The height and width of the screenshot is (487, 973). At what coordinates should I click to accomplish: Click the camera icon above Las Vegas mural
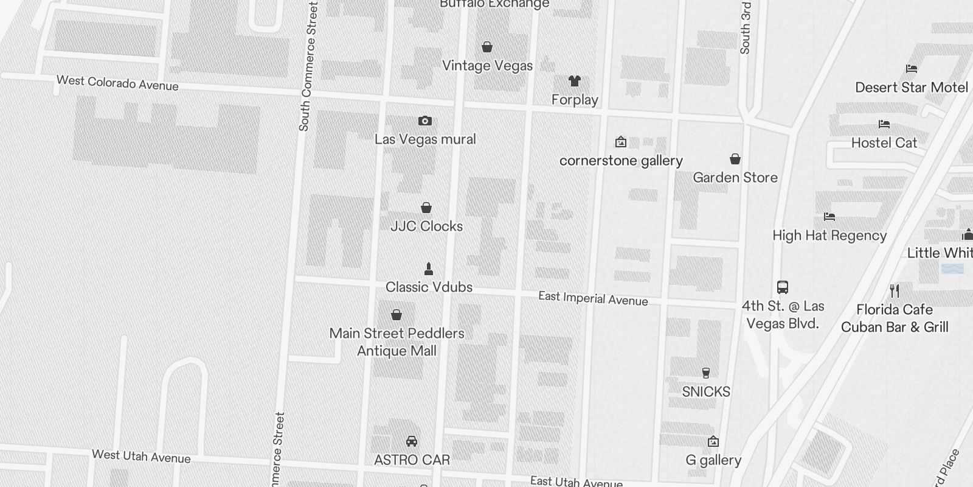coord(425,121)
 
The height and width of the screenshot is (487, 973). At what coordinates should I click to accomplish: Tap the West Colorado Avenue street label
coord(117,83)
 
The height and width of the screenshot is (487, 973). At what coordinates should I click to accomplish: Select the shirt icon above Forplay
coord(575,80)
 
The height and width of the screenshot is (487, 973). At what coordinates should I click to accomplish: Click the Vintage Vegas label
coord(487,66)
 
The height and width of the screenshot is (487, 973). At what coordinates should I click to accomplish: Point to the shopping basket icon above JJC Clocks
coord(426,208)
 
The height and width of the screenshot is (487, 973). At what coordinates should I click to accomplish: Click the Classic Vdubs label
coord(429,287)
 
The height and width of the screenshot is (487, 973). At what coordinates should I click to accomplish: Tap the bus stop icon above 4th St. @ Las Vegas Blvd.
coord(783,287)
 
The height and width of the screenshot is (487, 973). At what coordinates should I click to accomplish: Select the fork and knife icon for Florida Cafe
coord(894,290)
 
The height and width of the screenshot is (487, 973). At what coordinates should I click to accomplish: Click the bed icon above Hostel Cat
coord(884,124)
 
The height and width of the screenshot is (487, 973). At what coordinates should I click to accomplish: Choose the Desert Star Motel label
coord(912,87)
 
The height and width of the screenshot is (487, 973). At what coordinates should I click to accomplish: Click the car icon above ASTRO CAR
coord(412,441)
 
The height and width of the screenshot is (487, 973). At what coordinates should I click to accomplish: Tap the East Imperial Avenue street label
coord(593,298)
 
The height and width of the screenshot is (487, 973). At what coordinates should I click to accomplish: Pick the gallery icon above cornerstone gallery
coord(621,142)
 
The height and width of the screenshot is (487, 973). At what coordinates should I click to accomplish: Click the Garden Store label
coord(735,177)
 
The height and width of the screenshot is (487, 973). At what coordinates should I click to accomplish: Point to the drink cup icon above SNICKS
coord(706,373)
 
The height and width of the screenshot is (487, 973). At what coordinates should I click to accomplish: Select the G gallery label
coord(713,460)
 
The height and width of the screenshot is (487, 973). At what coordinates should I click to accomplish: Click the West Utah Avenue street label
coord(141,456)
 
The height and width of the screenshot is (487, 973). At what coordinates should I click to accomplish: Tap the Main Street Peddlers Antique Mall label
coord(396,342)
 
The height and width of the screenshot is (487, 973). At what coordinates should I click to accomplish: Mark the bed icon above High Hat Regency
coord(829,217)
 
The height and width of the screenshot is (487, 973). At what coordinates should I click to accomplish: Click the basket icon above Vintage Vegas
coord(487,47)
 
